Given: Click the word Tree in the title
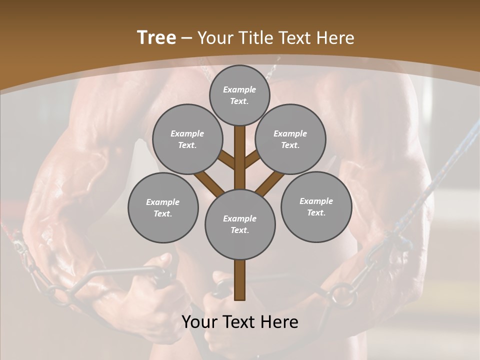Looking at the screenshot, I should click(x=156, y=37).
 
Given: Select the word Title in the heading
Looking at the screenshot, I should click(x=254, y=37).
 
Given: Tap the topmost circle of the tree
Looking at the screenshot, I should click(x=239, y=95).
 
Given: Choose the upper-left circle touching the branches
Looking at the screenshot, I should click(x=187, y=139).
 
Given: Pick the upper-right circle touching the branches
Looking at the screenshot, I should click(x=290, y=139).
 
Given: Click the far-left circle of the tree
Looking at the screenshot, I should click(x=163, y=207).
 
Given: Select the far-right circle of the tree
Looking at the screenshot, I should click(x=316, y=206).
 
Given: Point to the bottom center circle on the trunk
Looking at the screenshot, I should click(x=240, y=224).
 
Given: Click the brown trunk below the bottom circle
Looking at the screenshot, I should click(x=240, y=280).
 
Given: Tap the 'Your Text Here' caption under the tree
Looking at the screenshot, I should click(x=240, y=322).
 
